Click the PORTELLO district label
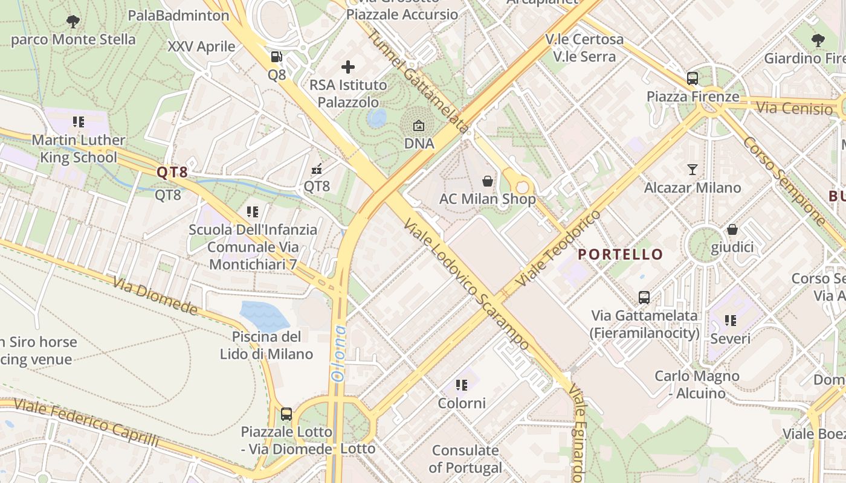(x=621, y=254)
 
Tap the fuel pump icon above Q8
(x=277, y=57)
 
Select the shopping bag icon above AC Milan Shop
(x=487, y=181)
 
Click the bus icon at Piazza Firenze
(x=693, y=78)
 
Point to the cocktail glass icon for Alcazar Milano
(x=693, y=170)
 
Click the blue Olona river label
(x=338, y=353)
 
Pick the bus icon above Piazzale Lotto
(x=286, y=414)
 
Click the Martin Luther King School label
(x=78, y=149)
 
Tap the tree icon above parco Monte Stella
(x=73, y=22)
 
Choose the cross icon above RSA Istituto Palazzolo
(x=348, y=67)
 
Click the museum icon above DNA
(x=419, y=126)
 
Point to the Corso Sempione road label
(x=783, y=181)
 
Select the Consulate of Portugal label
(x=465, y=459)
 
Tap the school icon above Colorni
(x=462, y=385)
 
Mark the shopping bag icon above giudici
(x=732, y=229)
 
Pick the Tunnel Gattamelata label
(x=418, y=82)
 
